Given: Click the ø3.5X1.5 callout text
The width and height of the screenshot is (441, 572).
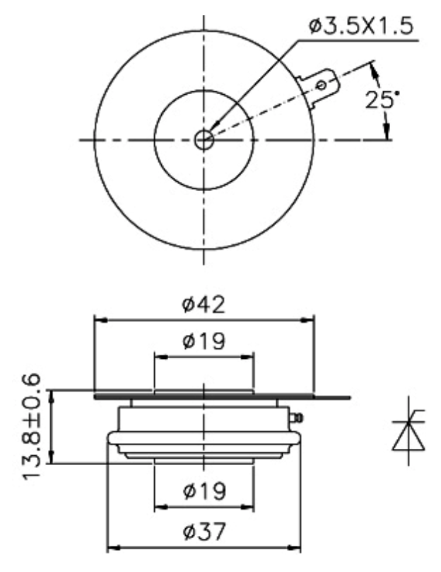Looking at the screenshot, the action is point(362,26).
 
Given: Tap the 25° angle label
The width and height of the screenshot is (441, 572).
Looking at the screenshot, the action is point(382,99).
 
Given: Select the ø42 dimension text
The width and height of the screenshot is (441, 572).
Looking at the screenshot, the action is point(204,305).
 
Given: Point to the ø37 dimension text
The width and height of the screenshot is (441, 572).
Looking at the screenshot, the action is point(204,532).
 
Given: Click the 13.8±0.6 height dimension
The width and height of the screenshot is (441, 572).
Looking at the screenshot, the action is point(31,427).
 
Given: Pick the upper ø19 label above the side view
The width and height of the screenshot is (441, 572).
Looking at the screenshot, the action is point(204,341).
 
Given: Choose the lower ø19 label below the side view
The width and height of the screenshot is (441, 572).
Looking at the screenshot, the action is point(204,491).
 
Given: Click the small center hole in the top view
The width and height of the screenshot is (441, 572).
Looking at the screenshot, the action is point(204,139).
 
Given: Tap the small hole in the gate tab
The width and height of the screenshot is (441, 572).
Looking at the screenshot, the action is point(321,86).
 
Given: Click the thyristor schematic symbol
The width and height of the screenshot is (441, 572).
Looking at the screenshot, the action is point(408,430).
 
